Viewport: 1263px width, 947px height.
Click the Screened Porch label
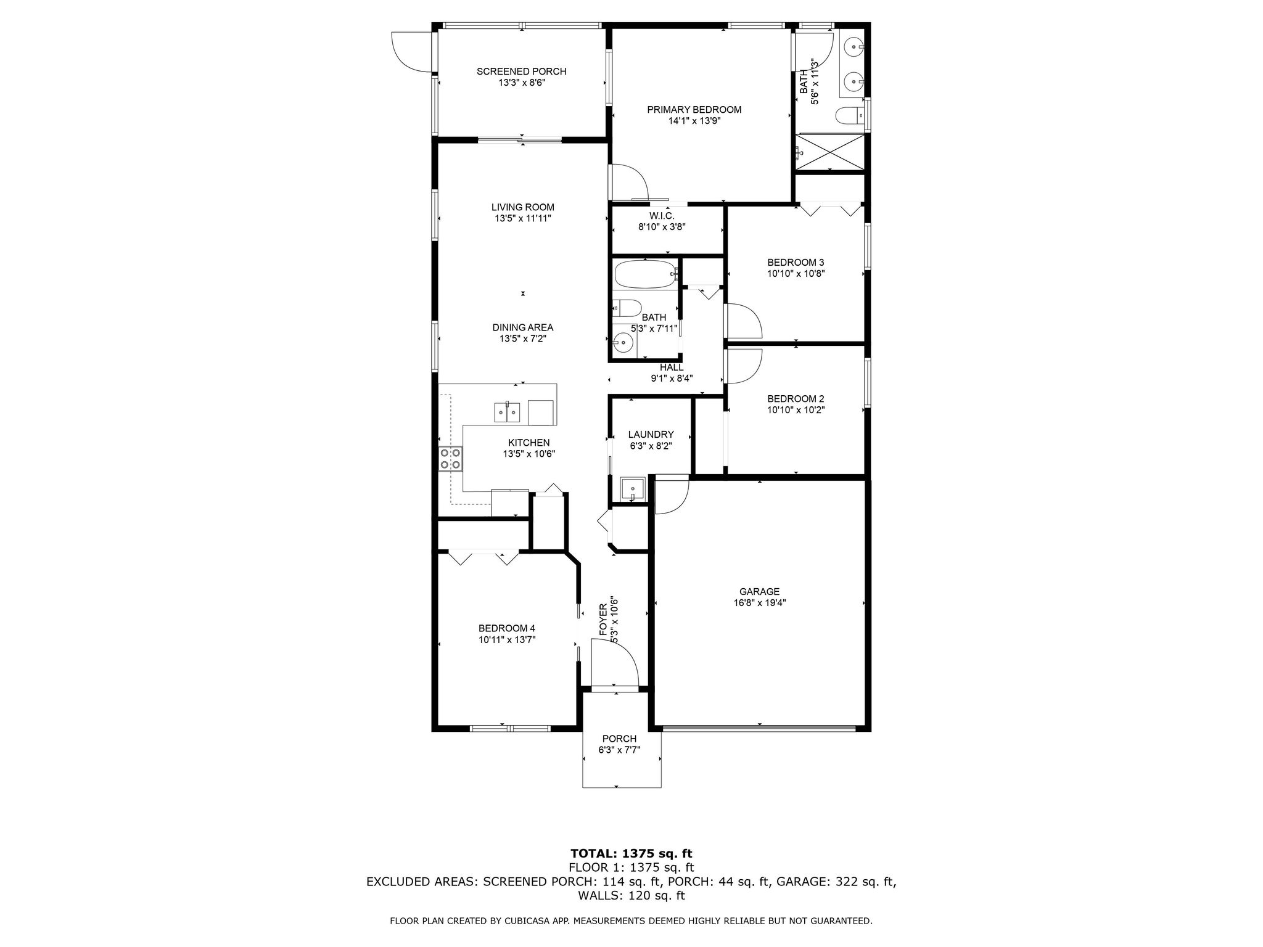click(521, 72)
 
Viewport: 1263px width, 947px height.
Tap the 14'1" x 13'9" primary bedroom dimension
click(694, 121)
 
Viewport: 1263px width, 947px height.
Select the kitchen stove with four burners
click(451, 459)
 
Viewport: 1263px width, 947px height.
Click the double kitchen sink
click(507, 412)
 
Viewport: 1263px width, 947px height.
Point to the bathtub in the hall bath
click(644, 274)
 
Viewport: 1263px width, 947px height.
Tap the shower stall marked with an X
click(831, 152)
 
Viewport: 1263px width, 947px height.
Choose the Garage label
click(759, 591)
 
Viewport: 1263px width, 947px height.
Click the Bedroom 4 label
click(506, 628)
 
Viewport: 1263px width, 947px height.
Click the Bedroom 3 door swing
click(744, 321)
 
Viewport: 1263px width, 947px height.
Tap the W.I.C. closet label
click(661, 216)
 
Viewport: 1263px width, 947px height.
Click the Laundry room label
click(651, 435)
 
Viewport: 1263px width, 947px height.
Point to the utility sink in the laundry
click(633, 490)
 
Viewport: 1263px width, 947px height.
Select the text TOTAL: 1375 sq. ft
click(631, 853)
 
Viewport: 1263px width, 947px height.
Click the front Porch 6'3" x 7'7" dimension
click(619, 750)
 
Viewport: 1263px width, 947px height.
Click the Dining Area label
click(522, 327)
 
